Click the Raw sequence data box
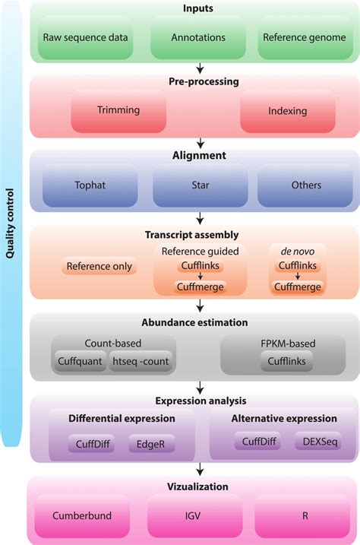[85, 36]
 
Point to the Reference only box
[99, 266]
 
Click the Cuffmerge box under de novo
[297, 287]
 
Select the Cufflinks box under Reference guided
[201, 266]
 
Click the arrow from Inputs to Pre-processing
[200, 68]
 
